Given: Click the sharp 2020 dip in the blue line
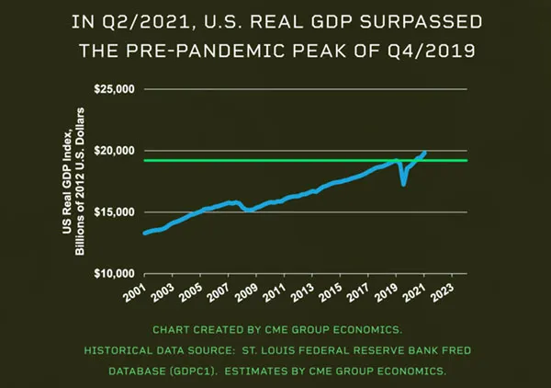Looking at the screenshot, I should [x=403, y=184].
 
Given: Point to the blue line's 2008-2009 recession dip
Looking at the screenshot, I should [x=249, y=210].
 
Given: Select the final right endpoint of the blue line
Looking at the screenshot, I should [x=424, y=152].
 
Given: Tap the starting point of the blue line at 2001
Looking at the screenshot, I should [x=145, y=233].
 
